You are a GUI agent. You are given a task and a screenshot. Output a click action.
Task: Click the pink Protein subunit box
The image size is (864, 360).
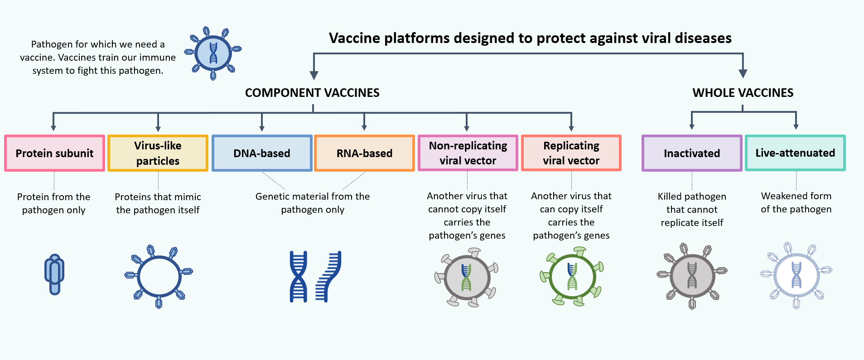click(x=54, y=153)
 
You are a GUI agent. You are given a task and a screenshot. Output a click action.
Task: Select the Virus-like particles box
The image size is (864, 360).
click(x=158, y=153)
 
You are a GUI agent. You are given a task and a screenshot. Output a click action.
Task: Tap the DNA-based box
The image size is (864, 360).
click(x=262, y=153)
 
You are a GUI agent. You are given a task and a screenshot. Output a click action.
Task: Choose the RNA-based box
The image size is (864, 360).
click(x=364, y=153)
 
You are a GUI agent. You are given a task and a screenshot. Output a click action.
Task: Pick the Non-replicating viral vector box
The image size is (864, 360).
click(x=468, y=153)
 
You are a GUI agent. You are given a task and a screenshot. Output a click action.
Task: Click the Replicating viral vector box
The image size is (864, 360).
click(x=571, y=153)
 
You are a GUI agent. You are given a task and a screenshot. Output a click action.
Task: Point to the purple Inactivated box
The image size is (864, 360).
click(x=692, y=153)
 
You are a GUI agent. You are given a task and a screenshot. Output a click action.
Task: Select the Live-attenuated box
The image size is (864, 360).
click(x=795, y=153)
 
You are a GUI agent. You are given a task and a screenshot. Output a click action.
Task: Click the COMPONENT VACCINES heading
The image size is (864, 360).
click(x=312, y=93)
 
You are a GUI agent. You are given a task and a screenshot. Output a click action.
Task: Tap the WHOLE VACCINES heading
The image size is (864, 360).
click(x=743, y=93)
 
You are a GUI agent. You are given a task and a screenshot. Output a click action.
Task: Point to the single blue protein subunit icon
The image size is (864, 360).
click(x=54, y=274)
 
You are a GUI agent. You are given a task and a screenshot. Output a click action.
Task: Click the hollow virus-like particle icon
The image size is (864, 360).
click(x=159, y=276)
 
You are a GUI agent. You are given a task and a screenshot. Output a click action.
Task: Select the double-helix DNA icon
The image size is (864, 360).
click(x=298, y=276)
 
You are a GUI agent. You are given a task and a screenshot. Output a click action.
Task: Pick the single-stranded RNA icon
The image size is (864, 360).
click(x=328, y=276)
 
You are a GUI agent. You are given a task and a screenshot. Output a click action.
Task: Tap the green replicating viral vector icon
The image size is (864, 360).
click(x=572, y=276)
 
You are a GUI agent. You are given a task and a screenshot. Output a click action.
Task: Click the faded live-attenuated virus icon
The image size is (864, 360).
click(x=796, y=275)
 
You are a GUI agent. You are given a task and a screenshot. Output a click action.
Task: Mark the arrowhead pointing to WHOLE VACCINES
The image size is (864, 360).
click(x=743, y=73)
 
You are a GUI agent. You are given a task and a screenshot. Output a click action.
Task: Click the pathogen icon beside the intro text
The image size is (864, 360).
click(x=213, y=53)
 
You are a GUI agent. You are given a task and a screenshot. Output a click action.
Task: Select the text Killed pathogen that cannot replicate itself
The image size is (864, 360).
click(x=692, y=210)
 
